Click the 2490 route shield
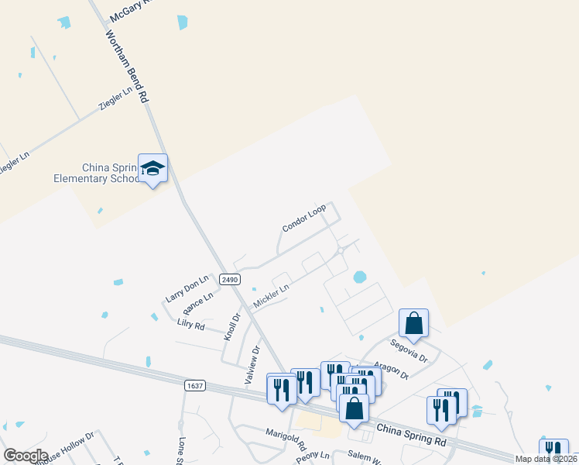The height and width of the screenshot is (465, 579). pos(228,280)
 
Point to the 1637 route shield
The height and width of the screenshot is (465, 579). pos(195,384)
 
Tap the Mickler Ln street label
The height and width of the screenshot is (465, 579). pos(272,295)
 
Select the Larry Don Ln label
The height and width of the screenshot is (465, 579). pos(187,288)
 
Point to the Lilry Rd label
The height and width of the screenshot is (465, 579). pos(190,324)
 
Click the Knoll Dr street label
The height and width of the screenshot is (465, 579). pos(232,326)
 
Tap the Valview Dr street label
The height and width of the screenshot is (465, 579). pos(252,360)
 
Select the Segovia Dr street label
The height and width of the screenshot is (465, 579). pos(409,349)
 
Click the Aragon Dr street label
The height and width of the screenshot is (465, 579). pos(390,370)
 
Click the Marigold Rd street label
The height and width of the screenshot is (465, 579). pos(286,440)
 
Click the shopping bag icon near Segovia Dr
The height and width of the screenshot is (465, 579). pos(414,323)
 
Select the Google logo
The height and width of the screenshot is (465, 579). pos(26,455)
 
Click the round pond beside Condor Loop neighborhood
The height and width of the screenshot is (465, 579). pos(359,277)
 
